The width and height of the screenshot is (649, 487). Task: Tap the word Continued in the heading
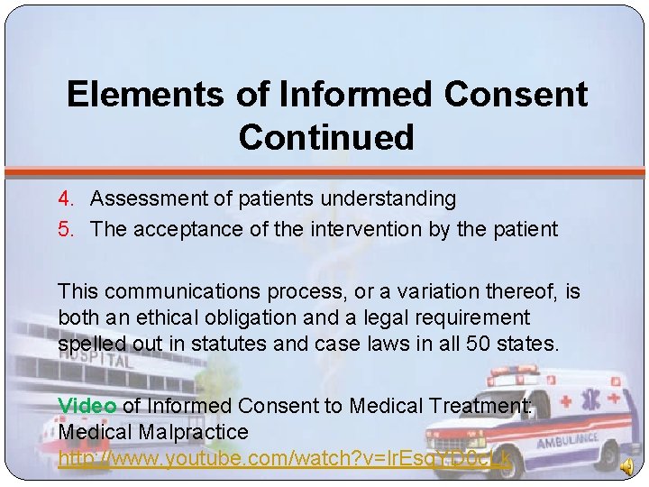326,137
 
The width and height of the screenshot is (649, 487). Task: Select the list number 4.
66,198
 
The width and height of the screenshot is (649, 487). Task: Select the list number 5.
66,229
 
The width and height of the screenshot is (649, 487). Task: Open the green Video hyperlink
87,406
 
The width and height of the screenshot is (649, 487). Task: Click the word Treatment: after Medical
486,406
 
